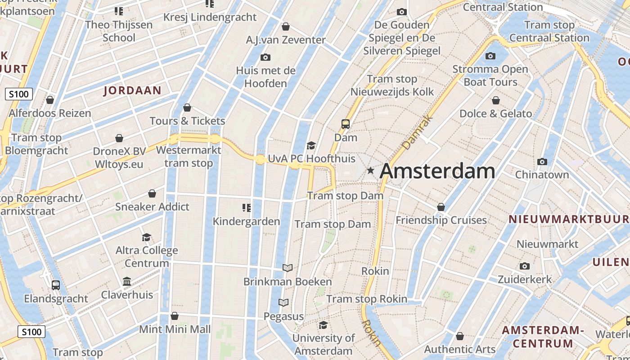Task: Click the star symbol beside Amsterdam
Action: (x=370, y=171)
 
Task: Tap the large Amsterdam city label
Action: (x=437, y=171)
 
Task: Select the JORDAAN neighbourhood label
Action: (x=132, y=90)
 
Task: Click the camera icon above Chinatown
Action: (x=542, y=162)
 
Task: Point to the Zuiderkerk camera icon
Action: (x=524, y=266)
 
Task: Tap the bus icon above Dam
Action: (x=346, y=124)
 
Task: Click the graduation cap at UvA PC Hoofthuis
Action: (x=311, y=145)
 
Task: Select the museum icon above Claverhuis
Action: (x=127, y=281)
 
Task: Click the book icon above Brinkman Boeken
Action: (x=288, y=268)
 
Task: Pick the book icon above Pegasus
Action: (x=283, y=302)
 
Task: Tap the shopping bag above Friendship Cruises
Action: (x=441, y=207)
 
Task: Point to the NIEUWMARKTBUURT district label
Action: (x=569, y=219)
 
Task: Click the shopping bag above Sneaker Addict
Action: (x=152, y=193)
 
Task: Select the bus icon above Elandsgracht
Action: (x=56, y=285)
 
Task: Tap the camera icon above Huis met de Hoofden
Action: (x=265, y=57)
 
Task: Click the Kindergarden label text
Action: (x=246, y=221)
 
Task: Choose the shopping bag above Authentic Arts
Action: (x=460, y=336)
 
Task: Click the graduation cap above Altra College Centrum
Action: (x=146, y=237)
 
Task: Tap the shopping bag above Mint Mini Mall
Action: (x=175, y=316)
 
